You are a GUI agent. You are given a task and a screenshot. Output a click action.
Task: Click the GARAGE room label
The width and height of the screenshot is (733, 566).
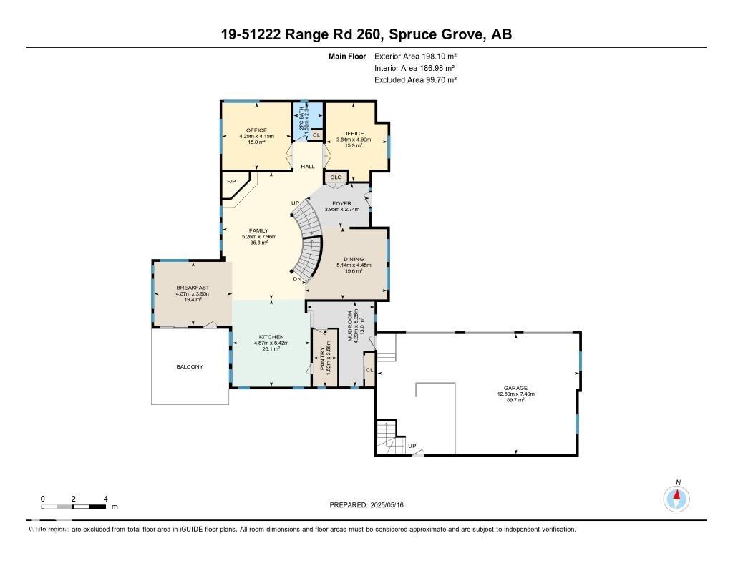tap(516, 388)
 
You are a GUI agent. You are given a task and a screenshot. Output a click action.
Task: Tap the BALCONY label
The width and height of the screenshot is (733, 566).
tap(190, 366)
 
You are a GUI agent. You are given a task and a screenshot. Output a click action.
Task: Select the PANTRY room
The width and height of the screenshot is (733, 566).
tap(324, 356)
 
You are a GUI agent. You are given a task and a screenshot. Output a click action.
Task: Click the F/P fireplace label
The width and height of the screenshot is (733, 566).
tap(231, 182)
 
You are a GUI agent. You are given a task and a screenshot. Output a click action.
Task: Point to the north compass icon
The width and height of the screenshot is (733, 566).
tap(676, 497)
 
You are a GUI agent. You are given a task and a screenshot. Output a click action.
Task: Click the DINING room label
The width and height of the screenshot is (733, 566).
tap(354, 259)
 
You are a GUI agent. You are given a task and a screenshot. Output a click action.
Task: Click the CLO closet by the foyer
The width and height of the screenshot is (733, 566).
tap(336, 177)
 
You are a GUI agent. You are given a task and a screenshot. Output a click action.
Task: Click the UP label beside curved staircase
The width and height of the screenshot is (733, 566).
tap(295, 203)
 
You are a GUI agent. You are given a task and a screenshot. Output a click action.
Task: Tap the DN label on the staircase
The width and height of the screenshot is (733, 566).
tap(297, 279)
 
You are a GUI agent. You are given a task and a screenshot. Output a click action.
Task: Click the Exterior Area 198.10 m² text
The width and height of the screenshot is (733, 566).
tap(416, 56)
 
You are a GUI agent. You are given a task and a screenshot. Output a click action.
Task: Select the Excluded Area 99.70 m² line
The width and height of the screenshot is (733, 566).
tap(416, 80)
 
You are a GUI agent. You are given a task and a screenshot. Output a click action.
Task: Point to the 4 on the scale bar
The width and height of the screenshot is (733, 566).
tap(105, 498)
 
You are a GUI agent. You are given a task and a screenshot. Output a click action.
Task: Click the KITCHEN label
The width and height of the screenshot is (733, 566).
tap(271, 337)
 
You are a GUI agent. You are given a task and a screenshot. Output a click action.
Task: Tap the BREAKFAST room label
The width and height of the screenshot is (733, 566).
tap(193, 287)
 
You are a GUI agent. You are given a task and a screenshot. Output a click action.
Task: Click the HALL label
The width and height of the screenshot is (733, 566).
tap(308, 166)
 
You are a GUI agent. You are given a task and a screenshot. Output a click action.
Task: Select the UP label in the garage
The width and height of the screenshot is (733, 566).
tap(412, 446)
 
